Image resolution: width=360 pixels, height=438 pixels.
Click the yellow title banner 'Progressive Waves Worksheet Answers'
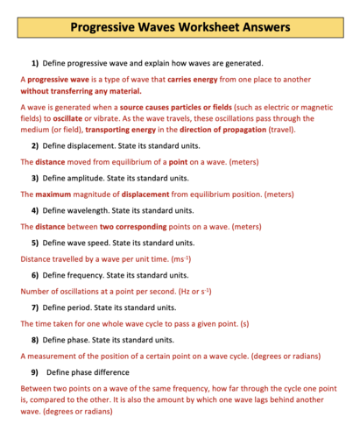(180, 27)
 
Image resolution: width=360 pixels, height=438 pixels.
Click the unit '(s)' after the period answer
(244, 323)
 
